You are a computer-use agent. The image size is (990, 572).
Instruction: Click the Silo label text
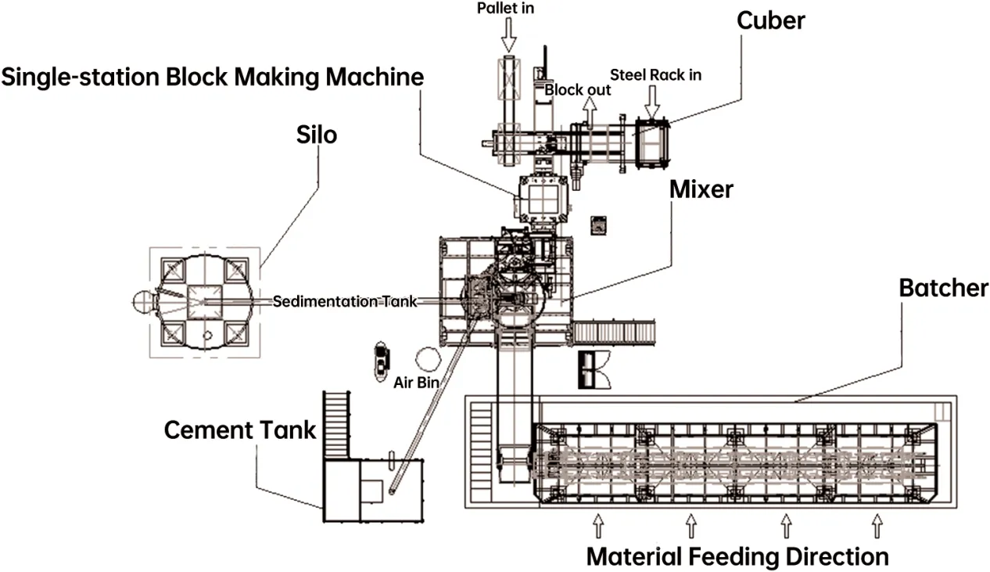(317, 135)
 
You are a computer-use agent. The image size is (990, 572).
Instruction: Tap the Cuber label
(770, 20)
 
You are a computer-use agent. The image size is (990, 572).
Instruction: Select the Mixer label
(701, 189)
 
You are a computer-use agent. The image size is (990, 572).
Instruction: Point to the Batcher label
(943, 288)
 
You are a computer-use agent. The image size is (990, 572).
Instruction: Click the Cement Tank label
(239, 430)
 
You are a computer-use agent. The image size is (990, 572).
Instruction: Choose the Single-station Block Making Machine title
(212, 77)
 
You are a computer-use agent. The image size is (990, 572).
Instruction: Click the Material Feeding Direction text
(737, 556)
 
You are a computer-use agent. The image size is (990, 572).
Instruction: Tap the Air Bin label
(415, 383)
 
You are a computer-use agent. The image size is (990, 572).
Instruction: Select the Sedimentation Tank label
(345, 300)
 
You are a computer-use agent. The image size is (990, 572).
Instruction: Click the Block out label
(578, 90)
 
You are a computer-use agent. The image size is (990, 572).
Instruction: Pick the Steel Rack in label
(655, 75)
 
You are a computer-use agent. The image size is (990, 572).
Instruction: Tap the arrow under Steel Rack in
(652, 100)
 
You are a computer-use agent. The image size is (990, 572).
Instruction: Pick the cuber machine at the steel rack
(651, 142)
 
